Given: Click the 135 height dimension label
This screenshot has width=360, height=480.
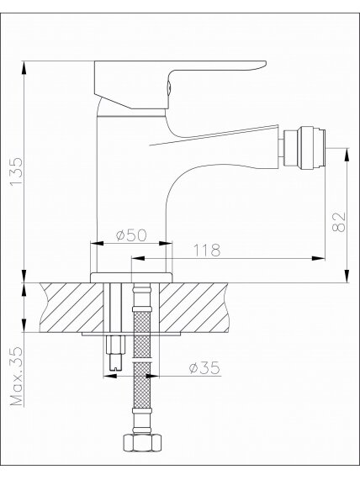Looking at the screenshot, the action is (16, 171).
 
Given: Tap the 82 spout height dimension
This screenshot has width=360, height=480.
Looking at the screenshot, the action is (339, 222).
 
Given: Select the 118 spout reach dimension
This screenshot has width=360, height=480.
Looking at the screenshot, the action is (207, 251).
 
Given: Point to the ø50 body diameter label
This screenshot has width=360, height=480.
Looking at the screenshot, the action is (131, 235).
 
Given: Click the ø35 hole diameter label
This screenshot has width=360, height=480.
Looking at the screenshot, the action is (204, 367).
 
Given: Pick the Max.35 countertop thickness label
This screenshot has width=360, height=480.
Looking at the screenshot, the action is (17, 377).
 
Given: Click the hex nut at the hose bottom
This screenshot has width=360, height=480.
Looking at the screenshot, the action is (142, 442).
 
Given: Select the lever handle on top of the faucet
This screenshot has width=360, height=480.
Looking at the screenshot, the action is (180, 85).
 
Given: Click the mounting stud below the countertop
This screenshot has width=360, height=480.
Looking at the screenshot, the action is (115, 353).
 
